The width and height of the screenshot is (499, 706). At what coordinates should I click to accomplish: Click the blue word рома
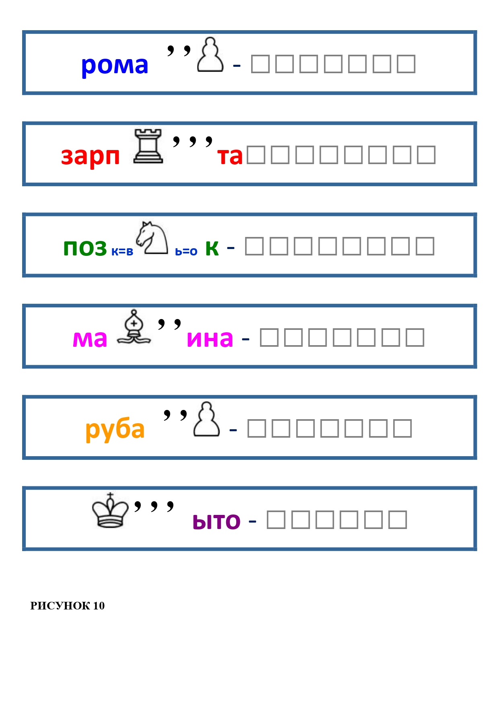click(x=115, y=65)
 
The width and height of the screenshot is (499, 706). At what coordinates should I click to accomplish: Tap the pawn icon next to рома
click(x=210, y=55)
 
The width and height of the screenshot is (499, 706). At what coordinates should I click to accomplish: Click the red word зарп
click(x=91, y=156)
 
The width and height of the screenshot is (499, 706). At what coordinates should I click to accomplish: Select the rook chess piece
click(x=148, y=146)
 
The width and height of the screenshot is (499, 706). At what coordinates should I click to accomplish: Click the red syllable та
click(x=230, y=156)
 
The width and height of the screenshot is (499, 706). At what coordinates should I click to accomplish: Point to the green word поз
click(x=85, y=247)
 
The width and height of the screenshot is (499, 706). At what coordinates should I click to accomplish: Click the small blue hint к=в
click(x=122, y=252)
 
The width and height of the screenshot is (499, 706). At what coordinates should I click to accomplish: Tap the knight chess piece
click(x=152, y=238)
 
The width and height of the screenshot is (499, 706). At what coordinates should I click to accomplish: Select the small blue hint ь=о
click(x=186, y=252)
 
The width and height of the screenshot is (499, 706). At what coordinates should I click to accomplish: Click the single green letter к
click(x=212, y=247)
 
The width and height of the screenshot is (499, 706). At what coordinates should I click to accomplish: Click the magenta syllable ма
click(x=90, y=339)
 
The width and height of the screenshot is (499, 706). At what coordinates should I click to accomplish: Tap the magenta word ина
click(x=210, y=339)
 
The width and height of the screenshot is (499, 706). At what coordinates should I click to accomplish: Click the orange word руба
click(x=115, y=429)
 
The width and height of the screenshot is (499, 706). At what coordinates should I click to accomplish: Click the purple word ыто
click(x=217, y=522)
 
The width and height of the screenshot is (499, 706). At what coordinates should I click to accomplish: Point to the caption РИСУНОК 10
click(x=68, y=606)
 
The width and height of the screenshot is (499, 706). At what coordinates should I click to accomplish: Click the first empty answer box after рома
click(x=260, y=64)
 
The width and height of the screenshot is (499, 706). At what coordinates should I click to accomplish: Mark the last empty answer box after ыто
click(x=398, y=520)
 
